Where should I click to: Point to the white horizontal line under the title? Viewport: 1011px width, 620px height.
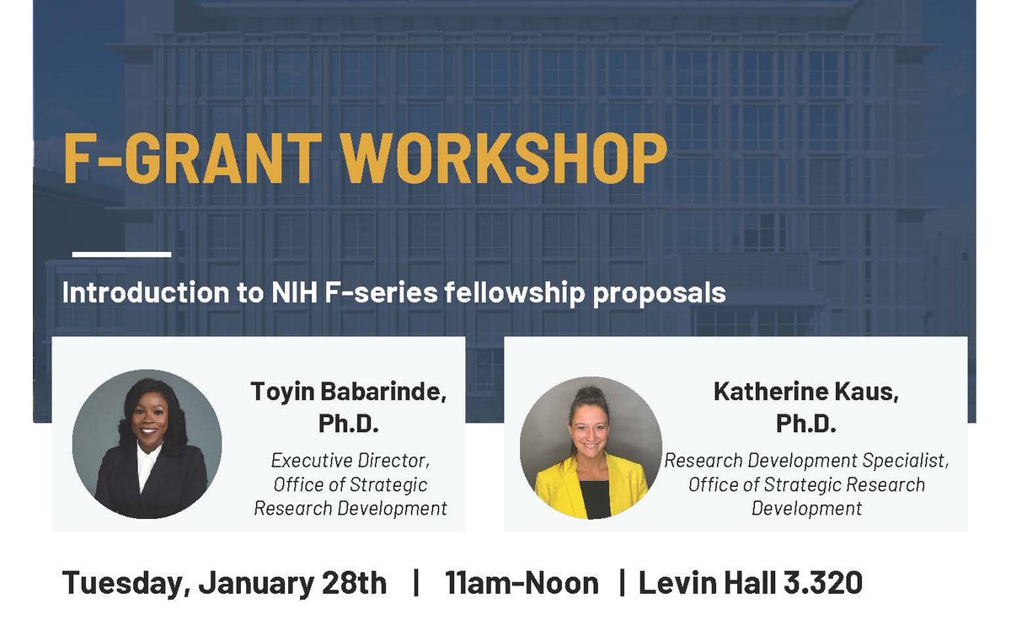(x=121, y=254)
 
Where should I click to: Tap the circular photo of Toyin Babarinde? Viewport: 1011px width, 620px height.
(x=147, y=444)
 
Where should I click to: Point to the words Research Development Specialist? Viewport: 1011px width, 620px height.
(x=806, y=461)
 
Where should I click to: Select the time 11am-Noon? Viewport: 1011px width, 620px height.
(x=522, y=583)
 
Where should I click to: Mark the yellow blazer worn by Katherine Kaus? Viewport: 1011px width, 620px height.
(x=559, y=488)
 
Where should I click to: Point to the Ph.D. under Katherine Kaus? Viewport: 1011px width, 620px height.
(x=806, y=425)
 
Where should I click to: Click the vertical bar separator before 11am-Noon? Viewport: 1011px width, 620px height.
(x=416, y=583)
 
